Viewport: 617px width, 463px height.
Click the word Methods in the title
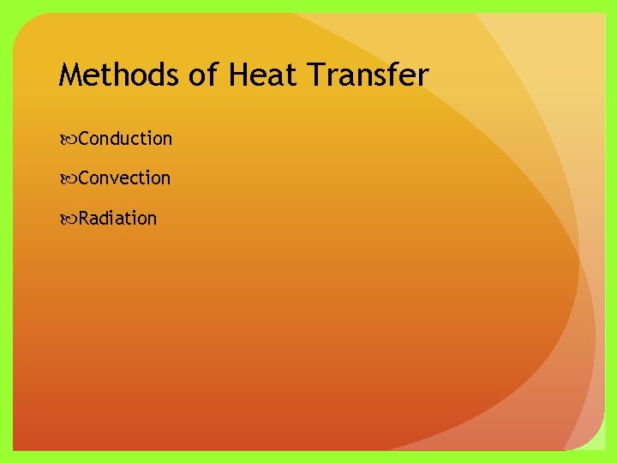tap(118, 76)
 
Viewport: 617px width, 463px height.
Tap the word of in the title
tap(203, 76)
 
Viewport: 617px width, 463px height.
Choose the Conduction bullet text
tap(125, 138)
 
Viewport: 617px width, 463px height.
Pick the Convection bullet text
tap(124, 178)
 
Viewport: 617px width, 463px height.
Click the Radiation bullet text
tap(118, 219)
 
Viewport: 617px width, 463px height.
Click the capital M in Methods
tap(70, 76)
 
